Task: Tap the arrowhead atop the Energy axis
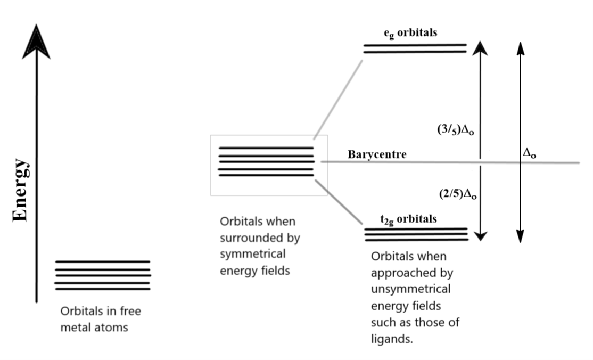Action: point(36,42)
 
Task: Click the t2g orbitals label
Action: point(408,219)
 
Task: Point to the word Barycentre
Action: point(377,155)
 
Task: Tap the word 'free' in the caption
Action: point(130,311)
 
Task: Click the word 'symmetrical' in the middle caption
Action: point(253,254)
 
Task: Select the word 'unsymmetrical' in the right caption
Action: point(410,290)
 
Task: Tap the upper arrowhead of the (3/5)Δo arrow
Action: point(481,48)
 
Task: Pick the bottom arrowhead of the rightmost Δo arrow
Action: point(521,236)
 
